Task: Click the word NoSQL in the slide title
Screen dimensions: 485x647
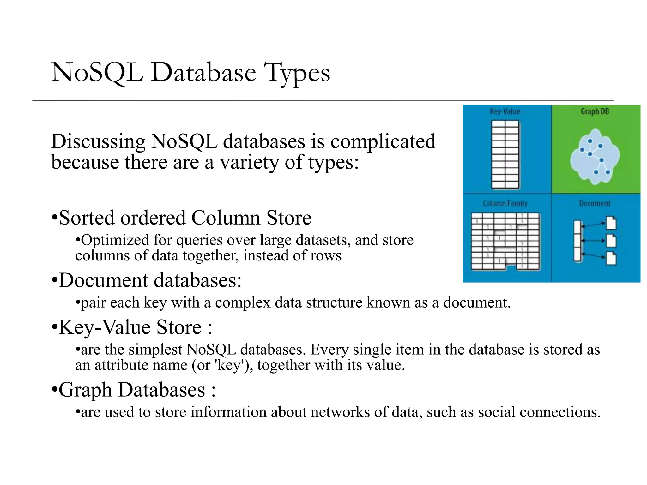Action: coord(97,73)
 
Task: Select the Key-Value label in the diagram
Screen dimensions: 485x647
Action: coord(505,111)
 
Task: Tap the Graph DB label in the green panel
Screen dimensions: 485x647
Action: coord(595,111)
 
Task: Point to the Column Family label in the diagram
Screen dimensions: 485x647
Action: coord(505,203)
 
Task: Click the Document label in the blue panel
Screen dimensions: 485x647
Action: coord(595,203)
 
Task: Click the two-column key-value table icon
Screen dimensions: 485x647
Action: coord(505,155)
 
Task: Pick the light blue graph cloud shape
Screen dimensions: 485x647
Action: coord(595,156)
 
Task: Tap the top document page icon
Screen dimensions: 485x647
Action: coord(611,223)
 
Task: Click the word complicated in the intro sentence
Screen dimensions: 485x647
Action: coord(383,141)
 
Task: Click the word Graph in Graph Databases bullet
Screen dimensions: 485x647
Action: coord(85,390)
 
